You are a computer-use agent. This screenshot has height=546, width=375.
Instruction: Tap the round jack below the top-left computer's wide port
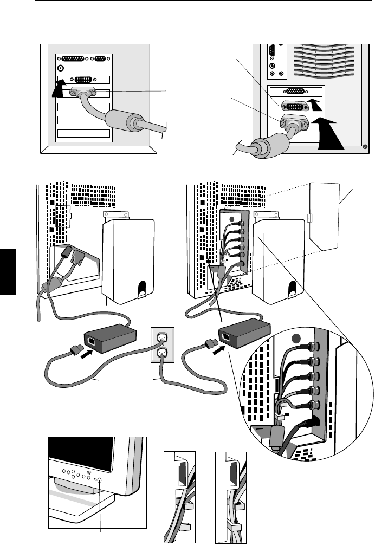click(61, 68)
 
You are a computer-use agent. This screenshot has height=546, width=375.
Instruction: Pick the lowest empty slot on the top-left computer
click(83, 133)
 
